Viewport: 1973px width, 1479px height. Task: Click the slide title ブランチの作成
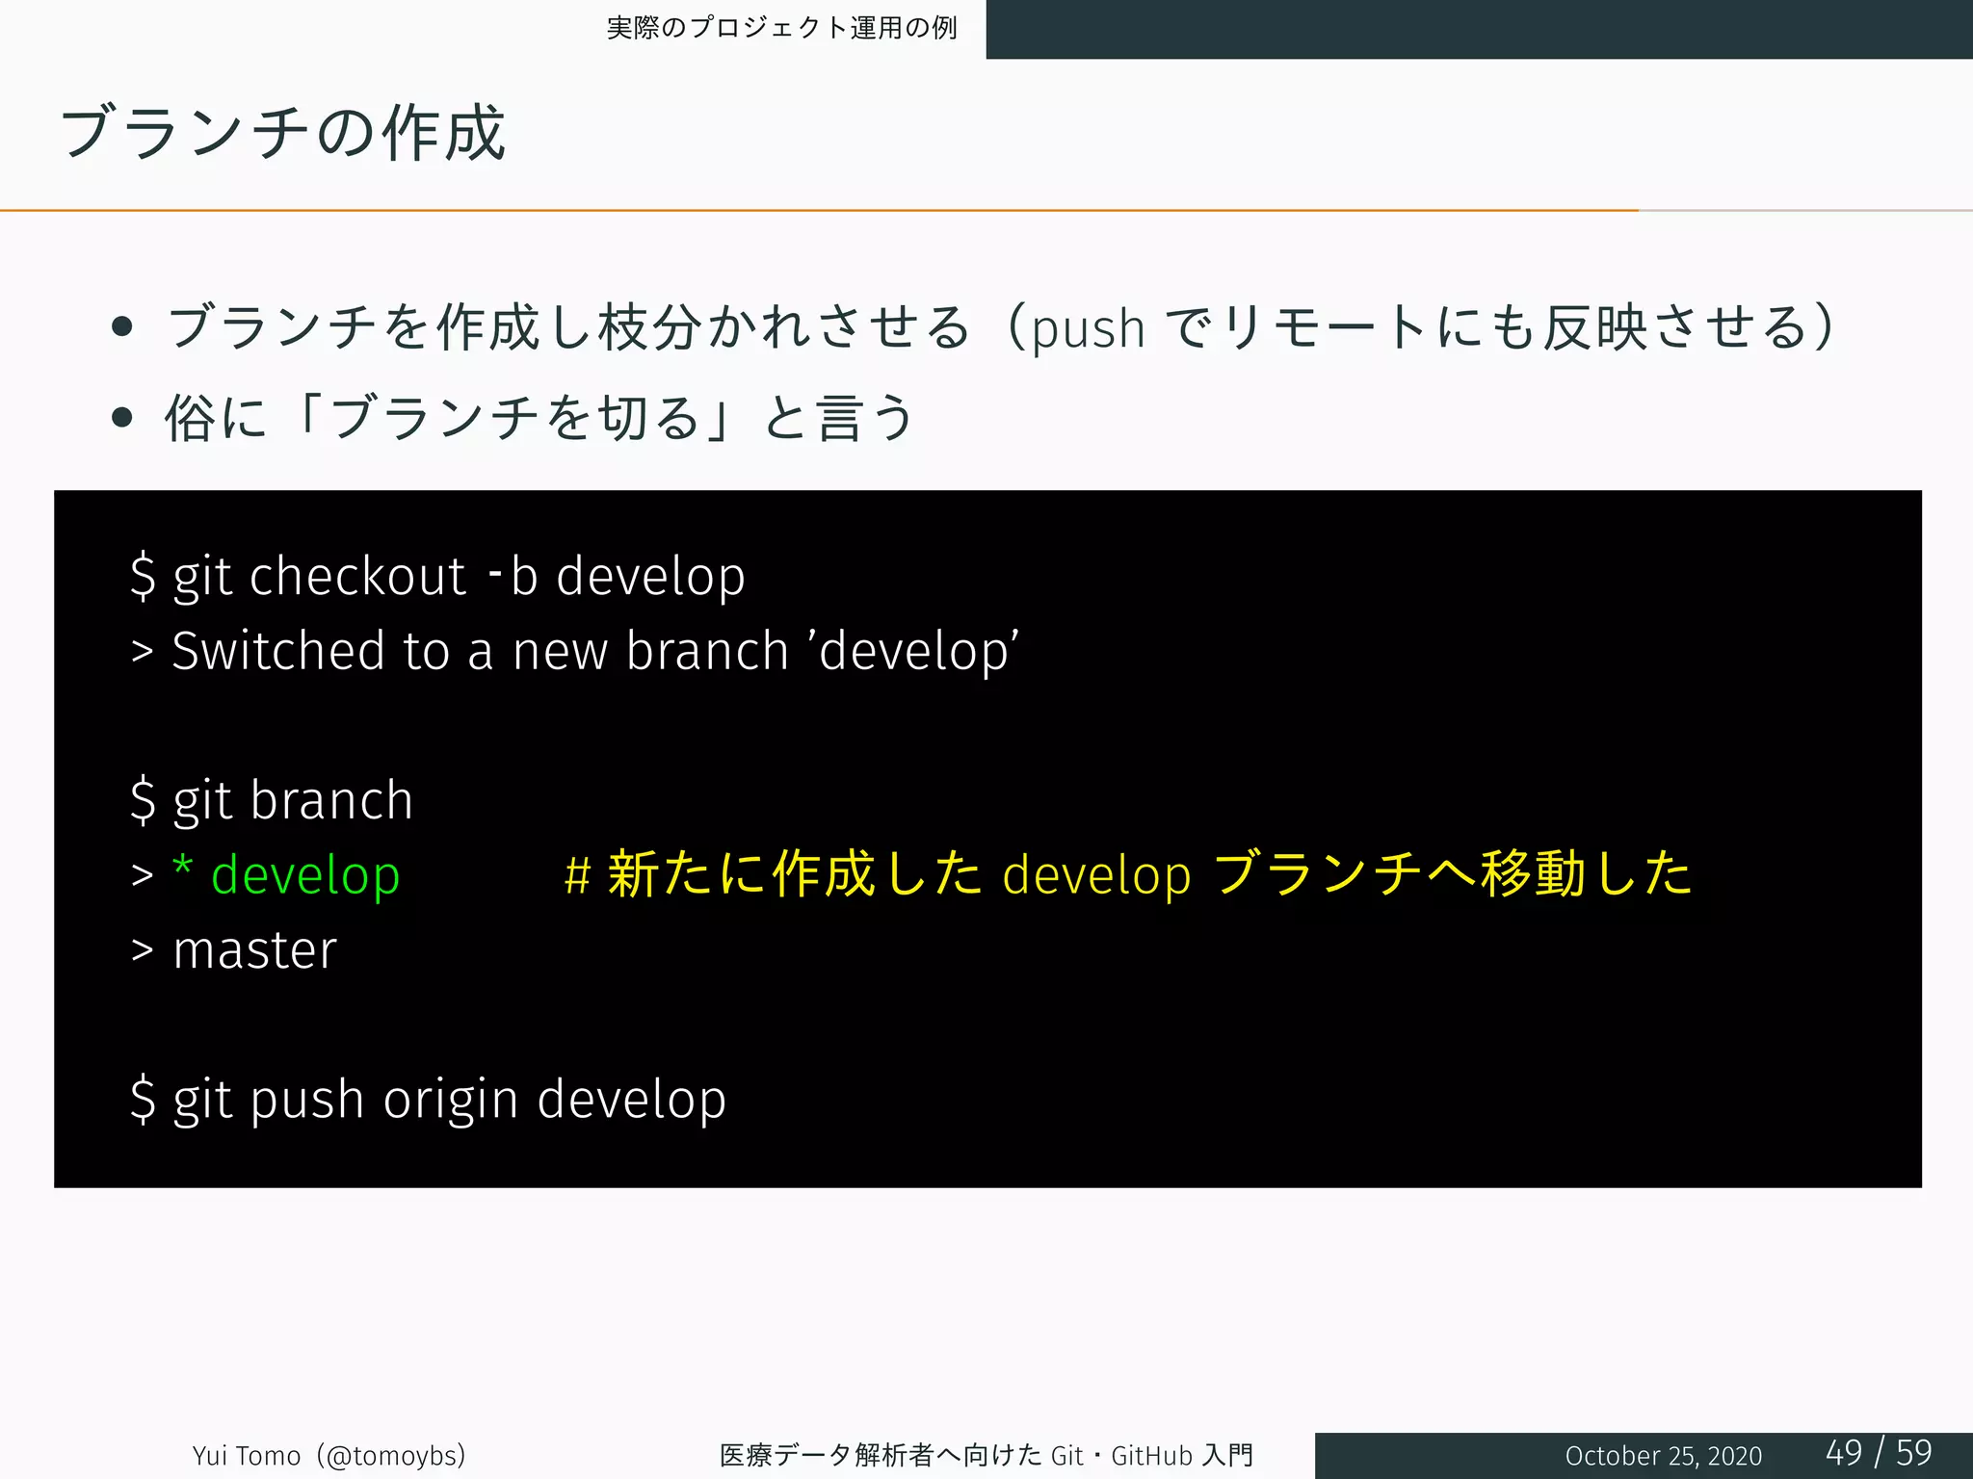[282, 133]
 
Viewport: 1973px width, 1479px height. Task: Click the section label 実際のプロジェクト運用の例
[781, 28]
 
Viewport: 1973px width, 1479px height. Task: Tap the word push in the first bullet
[1088, 329]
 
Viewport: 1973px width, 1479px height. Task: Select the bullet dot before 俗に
[121, 417]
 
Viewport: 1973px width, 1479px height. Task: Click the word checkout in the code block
[357, 577]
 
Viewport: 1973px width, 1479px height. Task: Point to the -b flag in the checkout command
[513, 576]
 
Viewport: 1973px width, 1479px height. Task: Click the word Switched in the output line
[278, 651]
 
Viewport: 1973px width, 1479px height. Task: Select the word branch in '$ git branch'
[331, 800]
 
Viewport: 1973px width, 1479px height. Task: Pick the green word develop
[305, 875]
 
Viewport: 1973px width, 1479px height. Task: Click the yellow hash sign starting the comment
[577, 875]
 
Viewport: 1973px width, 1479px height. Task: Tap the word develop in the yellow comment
[1096, 875]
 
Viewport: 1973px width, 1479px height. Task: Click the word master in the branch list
[255, 950]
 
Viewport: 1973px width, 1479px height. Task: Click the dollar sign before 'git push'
[143, 1100]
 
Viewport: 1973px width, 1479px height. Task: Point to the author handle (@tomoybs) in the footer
[395, 1455]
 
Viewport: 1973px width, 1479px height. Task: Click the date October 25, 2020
[1663, 1455]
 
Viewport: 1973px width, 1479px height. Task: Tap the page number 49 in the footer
[1844, 1452]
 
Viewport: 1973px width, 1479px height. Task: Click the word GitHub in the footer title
[1151, 1455]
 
